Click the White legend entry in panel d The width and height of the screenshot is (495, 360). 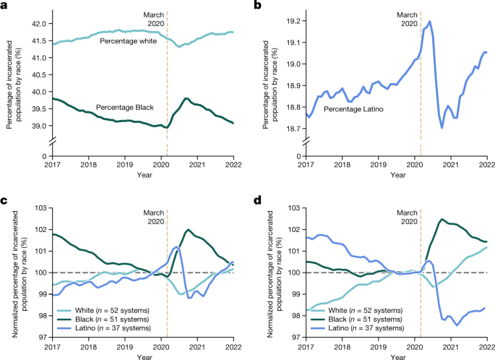(359, 307)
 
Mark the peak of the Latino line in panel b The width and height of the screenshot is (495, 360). (429, 21)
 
